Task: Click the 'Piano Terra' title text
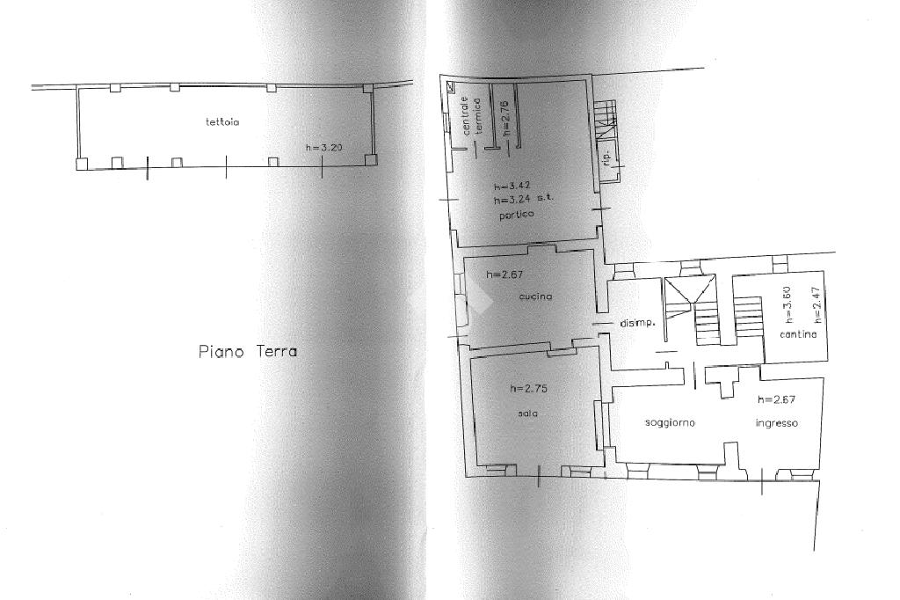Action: point(247,351)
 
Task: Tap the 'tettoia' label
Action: point(221,122)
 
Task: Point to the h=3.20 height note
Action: point(323,148)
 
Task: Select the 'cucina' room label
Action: point(535,296)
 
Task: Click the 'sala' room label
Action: point(528,413)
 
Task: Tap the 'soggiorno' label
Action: point(670,423)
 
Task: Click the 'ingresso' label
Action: point(777,423)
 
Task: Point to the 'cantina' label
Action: point(798,334)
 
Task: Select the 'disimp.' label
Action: point(638,324)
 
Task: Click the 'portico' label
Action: point(515,215)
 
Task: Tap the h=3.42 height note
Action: point(512,187)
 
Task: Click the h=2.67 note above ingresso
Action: point(778,399)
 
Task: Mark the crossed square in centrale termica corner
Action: point(451,85)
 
